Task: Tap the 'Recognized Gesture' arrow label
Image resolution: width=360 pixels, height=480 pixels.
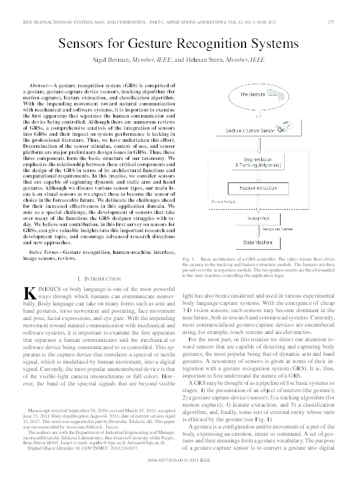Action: (x=278, y=230)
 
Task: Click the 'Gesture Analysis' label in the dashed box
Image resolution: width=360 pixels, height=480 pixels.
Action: (x=222, y=201)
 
